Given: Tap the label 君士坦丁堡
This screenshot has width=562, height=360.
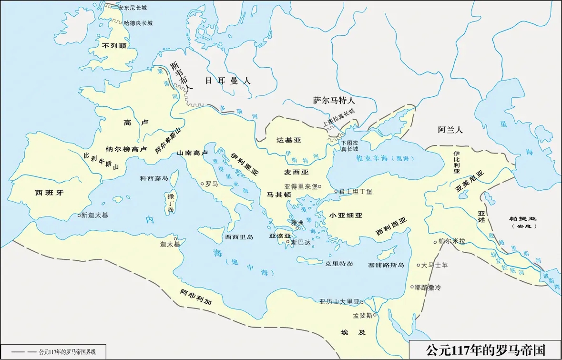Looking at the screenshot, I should (356, 191).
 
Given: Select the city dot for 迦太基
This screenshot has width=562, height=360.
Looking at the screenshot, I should (175, 238).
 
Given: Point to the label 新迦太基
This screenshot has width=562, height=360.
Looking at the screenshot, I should (95, 215).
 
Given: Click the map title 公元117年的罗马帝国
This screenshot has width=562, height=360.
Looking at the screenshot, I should (485, 350).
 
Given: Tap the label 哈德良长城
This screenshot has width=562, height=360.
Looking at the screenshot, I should (138, 23).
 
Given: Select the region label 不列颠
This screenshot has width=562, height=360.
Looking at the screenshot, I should (114, 46).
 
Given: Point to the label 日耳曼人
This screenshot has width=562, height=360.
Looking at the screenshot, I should (227, 81).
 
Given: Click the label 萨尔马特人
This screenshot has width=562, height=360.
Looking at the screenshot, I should (334, 101).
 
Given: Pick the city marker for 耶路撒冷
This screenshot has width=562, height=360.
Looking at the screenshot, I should (412, 287).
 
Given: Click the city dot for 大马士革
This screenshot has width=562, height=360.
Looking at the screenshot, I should (418, 265).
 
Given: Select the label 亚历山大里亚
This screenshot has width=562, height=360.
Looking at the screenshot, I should (339, 302).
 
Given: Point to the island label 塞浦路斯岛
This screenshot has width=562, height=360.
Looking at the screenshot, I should (386, 265).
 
